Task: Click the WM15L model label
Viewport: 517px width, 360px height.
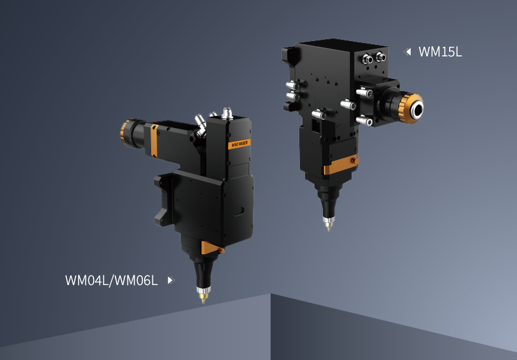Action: pyautogui.click(x=440, y=52)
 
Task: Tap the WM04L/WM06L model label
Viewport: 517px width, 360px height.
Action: pyautogui.click(x=111, y=281)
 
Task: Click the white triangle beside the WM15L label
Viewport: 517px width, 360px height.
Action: pyautogui.click(x=407, y=52)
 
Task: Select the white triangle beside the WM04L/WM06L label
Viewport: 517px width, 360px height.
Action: pyautogui.click(x=170, y=280)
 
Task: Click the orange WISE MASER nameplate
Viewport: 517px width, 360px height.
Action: pyautogui.click(x=240, y=144)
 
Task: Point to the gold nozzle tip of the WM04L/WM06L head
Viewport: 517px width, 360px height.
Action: pyautogui.click(x=203, y=298)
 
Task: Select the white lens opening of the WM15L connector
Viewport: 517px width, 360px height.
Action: pyautogui.click(x=418, y=109)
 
